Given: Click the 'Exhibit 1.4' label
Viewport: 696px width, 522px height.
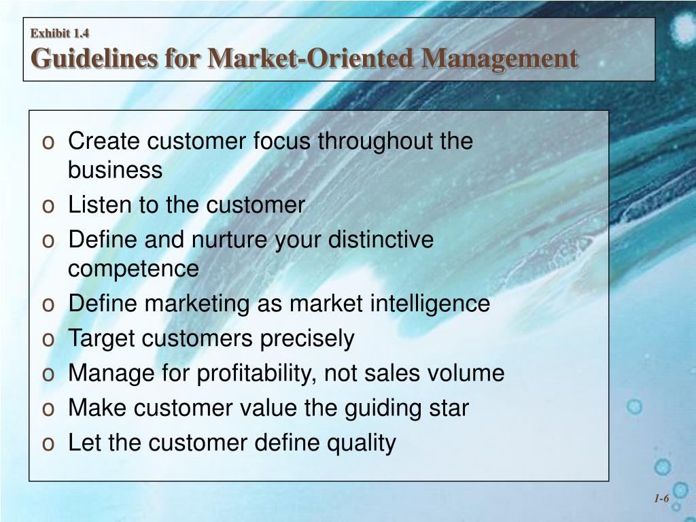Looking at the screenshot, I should point(60,33).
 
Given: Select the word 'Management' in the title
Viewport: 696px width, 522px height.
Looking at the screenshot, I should point(499,58).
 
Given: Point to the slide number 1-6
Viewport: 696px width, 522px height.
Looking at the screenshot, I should point(661,499).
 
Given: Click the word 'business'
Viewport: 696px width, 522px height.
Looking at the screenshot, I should point(115,170).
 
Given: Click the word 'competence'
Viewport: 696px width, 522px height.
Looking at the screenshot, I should point(133,268).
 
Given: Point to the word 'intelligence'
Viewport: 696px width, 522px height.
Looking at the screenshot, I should point(430,303).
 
